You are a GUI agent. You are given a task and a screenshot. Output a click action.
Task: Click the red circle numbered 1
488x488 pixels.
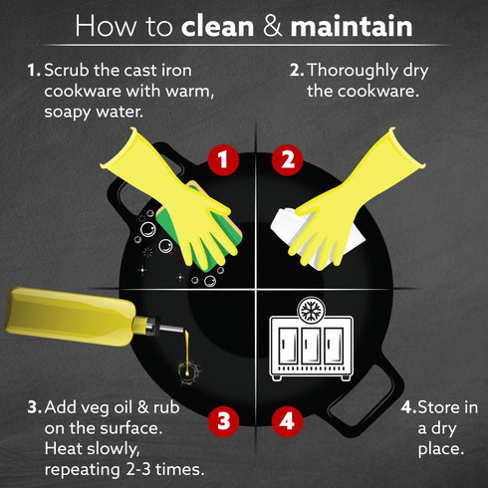[x=223, y=160]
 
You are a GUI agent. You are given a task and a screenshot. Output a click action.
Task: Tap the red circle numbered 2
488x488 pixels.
[x=287, y=160]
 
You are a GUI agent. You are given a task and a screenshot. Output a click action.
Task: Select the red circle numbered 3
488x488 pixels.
[x=223, y=421]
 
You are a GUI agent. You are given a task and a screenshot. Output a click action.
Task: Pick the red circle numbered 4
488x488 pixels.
[x=287, y=421]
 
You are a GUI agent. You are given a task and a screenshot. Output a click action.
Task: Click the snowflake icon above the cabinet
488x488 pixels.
[x=311, y=311]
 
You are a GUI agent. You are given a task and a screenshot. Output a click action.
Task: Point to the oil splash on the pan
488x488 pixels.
[x=188, y=371]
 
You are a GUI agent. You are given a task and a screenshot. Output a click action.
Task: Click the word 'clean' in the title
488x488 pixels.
[x=218, y=27]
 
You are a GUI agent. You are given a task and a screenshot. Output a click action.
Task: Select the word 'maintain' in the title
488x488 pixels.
[x=352, y=27]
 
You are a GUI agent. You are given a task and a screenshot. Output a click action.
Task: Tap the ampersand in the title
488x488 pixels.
[x=273, y=27]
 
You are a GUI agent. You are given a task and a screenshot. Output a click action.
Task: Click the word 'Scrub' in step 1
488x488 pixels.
[x=67, y=71]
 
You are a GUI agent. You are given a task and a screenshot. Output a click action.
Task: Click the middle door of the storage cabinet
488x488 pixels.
[x=311, y=346]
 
